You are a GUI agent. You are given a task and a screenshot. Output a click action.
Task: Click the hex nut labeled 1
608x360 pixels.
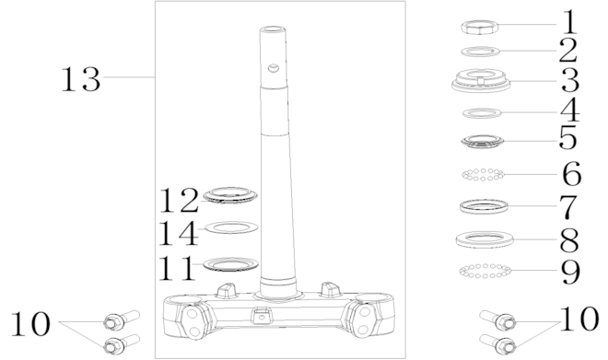click(x=480, y=28)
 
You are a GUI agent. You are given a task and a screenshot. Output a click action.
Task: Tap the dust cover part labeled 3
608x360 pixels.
click(x=481, y=80)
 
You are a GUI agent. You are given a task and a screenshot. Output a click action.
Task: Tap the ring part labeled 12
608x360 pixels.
click(x=230, y=194)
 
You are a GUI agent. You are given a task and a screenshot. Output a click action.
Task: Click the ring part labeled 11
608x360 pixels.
click(x=230, y=264)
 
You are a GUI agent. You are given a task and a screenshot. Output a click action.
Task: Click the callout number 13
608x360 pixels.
click(x=81, y=79)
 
